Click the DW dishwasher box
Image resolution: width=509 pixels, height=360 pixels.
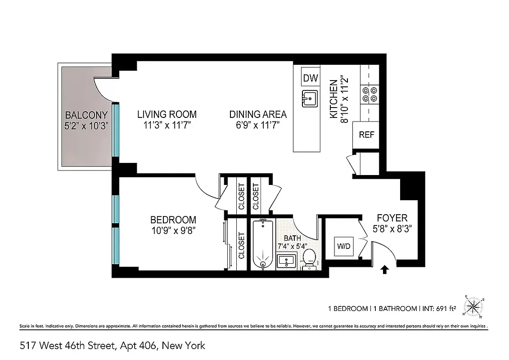[x=310, y=77]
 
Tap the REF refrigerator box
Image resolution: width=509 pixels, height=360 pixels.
[x=366, y=135]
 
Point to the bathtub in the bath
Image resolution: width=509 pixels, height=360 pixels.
[x=261, y=243]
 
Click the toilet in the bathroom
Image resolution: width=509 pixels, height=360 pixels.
[x=309, y=259]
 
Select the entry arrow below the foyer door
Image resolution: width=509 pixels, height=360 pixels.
[x=384, y=270]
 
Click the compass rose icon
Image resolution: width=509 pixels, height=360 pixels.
[x=473, y=307]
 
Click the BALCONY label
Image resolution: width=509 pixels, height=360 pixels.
[x=86, y=115]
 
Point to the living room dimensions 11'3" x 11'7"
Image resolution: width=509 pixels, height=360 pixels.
[x=167, y=125]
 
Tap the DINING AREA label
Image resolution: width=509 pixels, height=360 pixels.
[x=258, y=114]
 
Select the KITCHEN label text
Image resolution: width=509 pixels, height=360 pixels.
[x=333, y=99]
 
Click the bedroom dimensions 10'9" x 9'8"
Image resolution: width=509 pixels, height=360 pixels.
[x=173, y=230]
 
